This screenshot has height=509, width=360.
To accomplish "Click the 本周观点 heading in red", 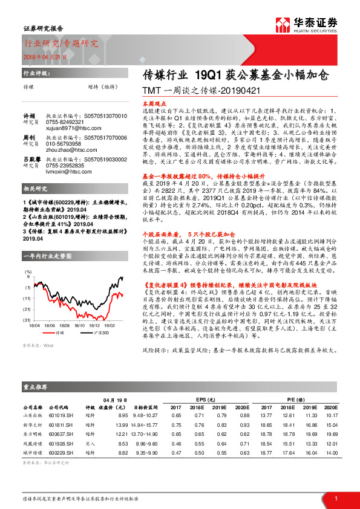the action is (145, 103).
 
